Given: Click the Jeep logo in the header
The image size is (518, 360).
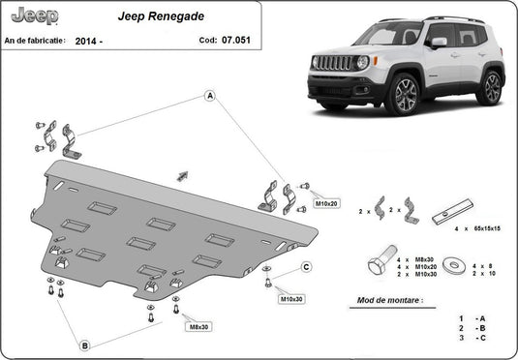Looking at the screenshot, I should (33, 15).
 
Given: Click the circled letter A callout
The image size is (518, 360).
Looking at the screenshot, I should (209, 95).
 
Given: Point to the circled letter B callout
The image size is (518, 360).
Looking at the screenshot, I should (85, 345).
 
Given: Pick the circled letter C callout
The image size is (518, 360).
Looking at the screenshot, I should (305, 267).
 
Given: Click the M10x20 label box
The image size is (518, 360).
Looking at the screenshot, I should (326, 204).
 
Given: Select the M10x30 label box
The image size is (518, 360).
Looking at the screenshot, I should (291, 299).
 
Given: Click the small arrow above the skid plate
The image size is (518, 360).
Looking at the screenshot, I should (181, 175).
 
